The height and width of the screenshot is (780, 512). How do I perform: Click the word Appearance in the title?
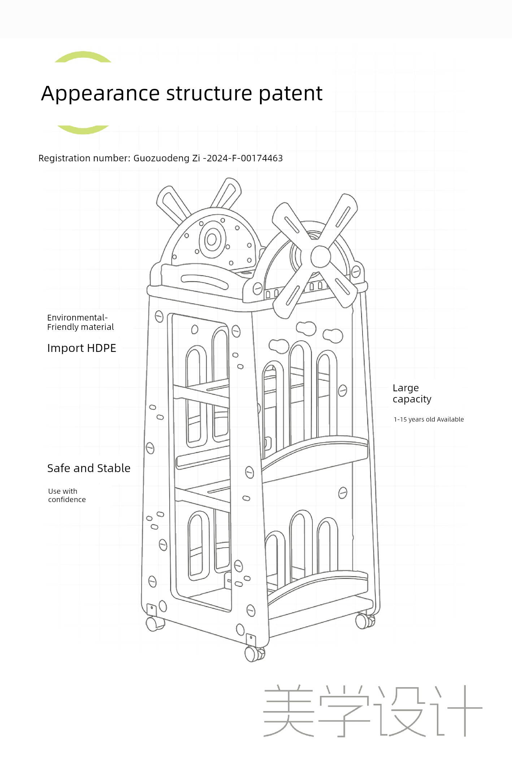pos(100,94)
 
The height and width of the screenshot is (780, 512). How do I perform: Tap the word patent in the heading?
pos(290,93)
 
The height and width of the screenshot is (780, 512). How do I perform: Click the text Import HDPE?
pos(82,348)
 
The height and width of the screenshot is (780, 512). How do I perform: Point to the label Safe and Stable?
pos(89,468)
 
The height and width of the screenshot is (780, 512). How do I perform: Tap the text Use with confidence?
pos(67,495)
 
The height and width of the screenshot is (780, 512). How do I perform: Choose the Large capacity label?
pos(412,393)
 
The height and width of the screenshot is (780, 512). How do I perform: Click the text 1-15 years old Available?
pos(429,419)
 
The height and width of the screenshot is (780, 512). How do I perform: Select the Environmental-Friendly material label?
pos(81,322)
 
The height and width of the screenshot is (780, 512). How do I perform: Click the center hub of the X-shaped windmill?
pos(320,256)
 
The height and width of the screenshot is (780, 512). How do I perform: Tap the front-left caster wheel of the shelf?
pos(155,624)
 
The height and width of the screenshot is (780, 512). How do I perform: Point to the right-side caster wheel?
pos(365,621)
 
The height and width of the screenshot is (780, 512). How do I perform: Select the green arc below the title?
pos(83,130)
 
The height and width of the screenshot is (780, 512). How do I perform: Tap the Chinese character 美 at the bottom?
pos(288,711)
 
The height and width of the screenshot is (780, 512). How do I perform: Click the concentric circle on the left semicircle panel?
pos(212,239)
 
